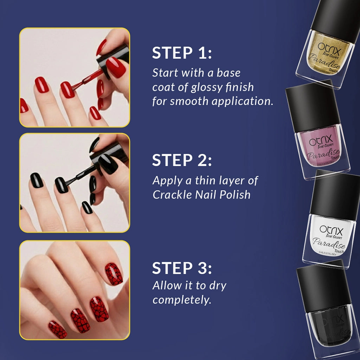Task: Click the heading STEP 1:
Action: (x=182, y=53)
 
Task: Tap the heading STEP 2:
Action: (x=182, y=160)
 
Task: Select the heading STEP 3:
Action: (x=182, y=269)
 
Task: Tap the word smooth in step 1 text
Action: (x=190, y=102)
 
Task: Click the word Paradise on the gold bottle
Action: (x=324, y=58)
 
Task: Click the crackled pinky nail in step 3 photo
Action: (x=58, y=329)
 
